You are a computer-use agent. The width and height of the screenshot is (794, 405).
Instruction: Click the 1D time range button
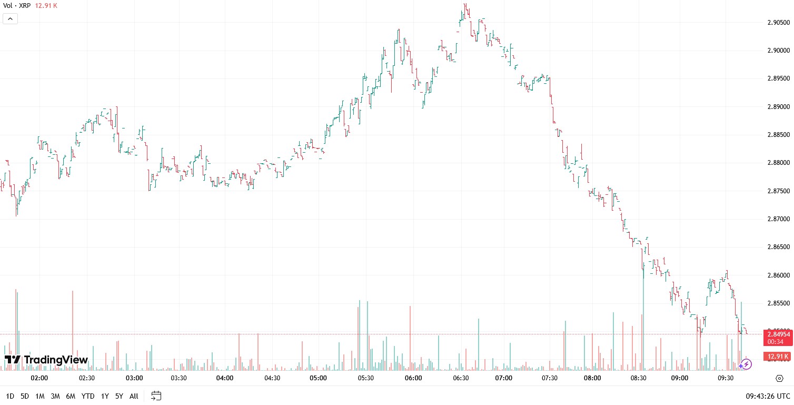[10, 396]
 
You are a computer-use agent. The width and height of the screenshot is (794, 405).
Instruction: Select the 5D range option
[25, 396]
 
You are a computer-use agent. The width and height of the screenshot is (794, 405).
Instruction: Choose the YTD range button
[88, 396]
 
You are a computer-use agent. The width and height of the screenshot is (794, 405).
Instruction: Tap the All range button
[134, 396]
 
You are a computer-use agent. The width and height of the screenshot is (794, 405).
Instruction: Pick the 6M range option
[71, 396]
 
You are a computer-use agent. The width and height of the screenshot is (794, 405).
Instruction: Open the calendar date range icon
[156, 396]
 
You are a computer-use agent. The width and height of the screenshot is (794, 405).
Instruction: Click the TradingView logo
[46, 360]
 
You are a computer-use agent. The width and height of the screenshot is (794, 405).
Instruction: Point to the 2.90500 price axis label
[778, 23]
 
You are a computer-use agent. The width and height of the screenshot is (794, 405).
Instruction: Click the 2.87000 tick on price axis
[778, 219]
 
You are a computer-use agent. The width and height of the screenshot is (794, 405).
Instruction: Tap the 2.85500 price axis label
[778, 303]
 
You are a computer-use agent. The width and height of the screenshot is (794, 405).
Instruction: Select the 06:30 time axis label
[461, 378]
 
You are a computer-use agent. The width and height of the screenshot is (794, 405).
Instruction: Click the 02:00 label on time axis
[39, 378]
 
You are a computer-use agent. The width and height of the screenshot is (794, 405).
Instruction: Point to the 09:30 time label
[726, 378]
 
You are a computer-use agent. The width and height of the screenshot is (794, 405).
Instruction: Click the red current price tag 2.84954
[778, 334]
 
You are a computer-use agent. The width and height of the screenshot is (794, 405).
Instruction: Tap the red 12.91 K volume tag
[778, 357]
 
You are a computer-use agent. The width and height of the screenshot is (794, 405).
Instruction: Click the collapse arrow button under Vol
[11, 18]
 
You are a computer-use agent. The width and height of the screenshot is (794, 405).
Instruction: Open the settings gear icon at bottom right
[780, 378]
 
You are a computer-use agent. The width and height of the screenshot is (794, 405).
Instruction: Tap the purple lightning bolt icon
[746, 364]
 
